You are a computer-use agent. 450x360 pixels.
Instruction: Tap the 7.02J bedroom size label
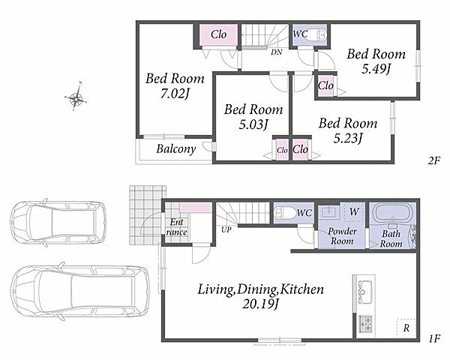(x=175, y=94)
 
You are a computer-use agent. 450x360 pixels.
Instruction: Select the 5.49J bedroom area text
(x=376, y=68)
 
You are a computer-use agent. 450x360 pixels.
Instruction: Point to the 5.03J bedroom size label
(x=253, y=124)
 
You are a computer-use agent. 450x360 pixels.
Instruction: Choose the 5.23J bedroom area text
(x=347, y=138)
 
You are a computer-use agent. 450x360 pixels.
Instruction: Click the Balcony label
(x=176, y=148)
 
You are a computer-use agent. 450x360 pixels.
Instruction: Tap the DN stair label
(x=277, y=52)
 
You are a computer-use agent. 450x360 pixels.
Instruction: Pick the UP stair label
(x=226, y=229)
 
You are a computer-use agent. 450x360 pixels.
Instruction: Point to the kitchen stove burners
(x=365, y=323)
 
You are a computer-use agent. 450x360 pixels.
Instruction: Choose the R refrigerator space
(x=406, y=328)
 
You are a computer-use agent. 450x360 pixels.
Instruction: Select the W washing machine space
(x=354, y=211)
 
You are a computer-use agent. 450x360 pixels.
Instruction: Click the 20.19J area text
(x=260, y=304)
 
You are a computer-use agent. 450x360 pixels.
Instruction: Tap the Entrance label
(x=176, y=226)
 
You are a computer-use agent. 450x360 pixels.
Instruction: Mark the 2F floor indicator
(x=434, y=160)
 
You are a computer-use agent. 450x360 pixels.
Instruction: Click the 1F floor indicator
(x=434, y=339)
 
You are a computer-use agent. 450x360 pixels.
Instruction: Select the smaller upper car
(x=58, y=222)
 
